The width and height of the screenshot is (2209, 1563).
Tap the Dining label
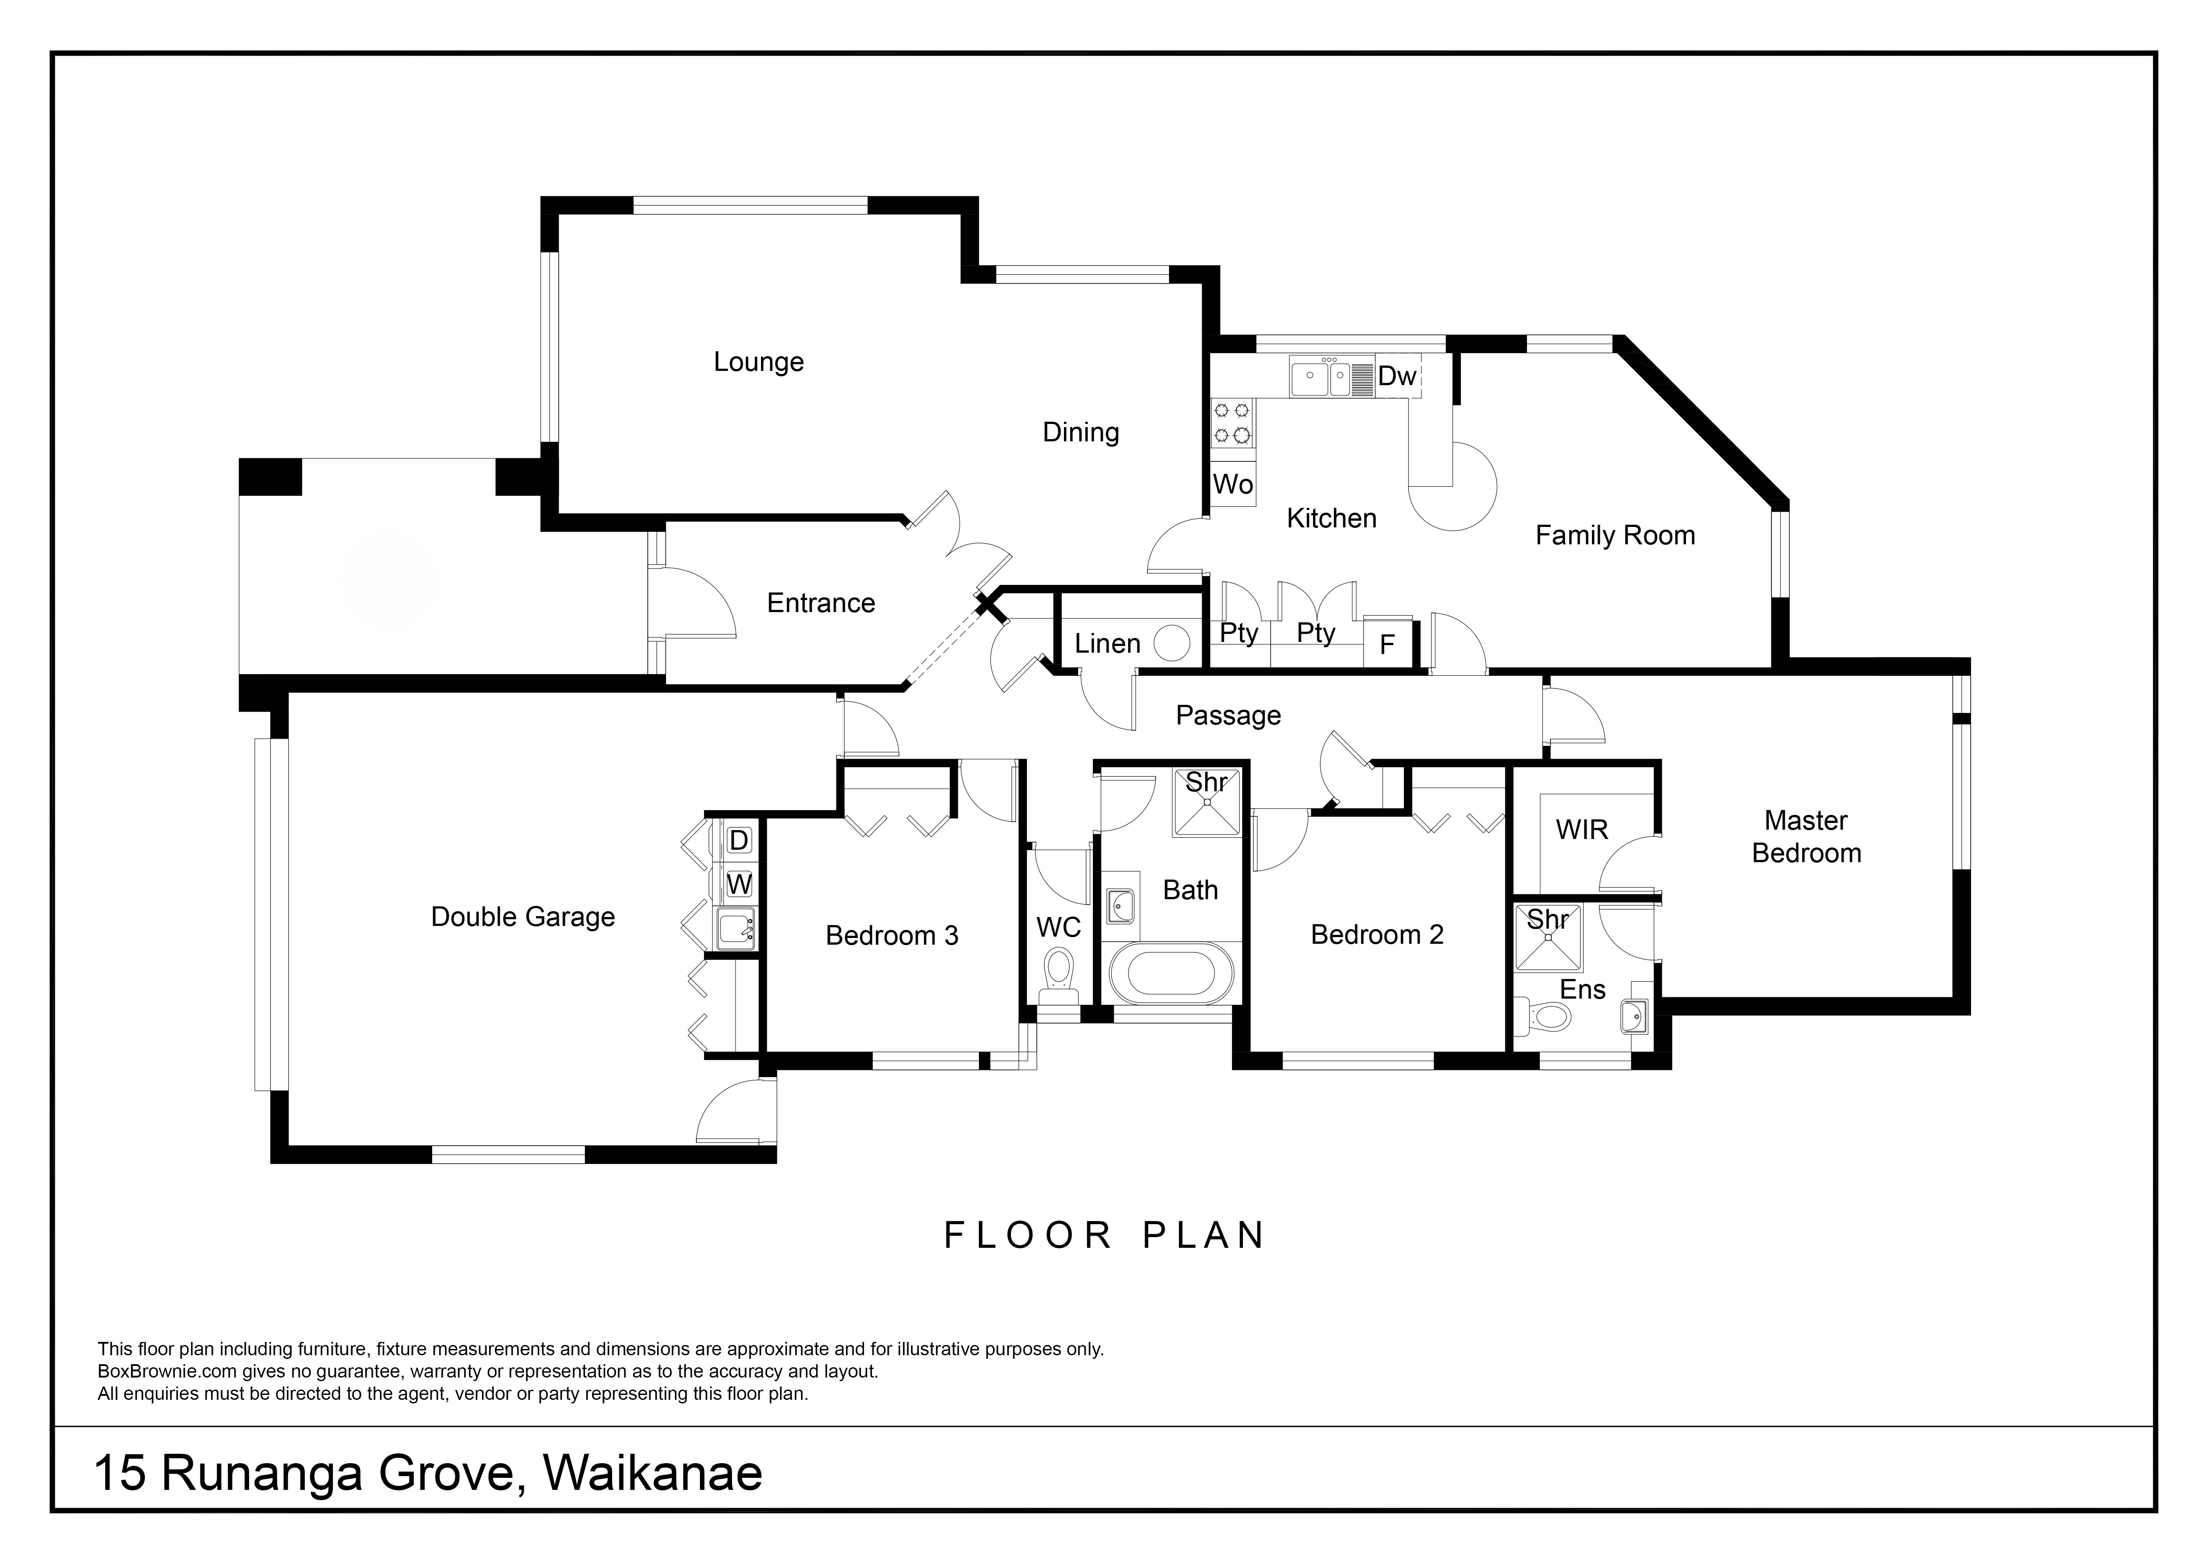(x=1080, y=432)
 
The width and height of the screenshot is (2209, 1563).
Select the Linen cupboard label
(x=1107, y=644)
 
